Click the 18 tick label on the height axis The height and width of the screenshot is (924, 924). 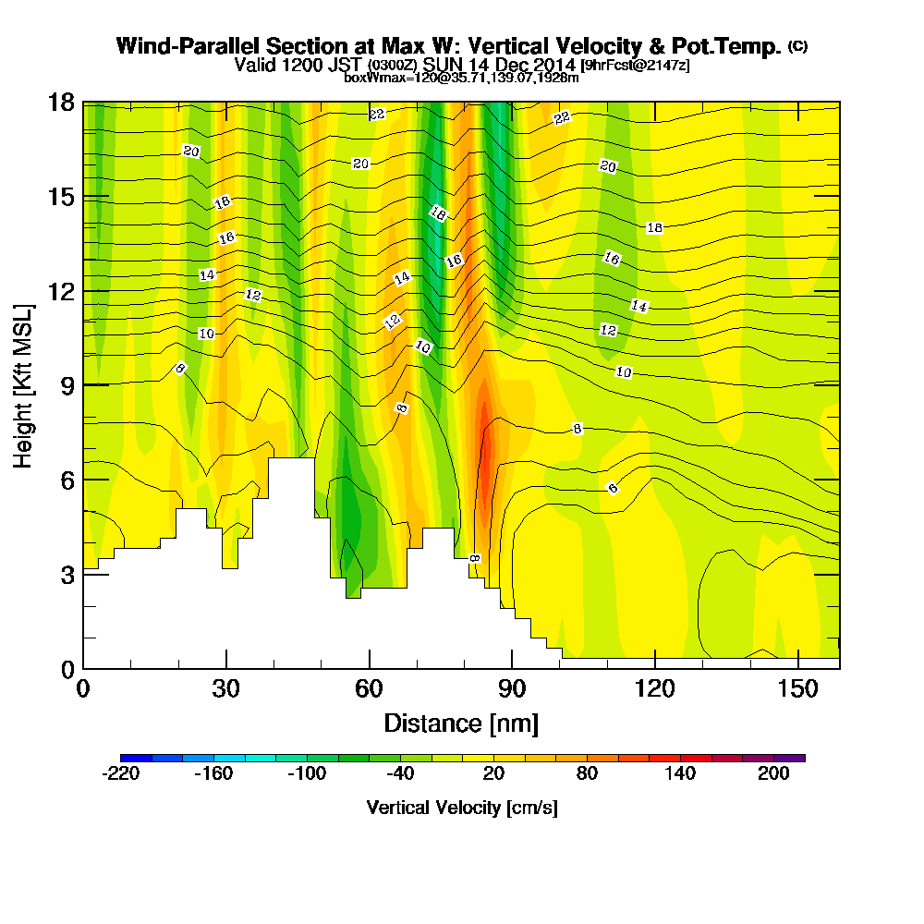click(61, 103)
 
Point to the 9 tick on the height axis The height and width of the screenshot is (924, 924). click(83, 384)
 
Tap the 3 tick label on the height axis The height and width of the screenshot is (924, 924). click(67, 574)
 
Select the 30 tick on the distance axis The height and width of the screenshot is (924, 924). click(226, 668)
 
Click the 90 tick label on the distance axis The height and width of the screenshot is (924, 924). click(512, 688)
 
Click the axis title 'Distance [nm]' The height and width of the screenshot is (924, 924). click(461, 722)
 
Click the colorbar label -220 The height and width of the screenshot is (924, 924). click(120, 774)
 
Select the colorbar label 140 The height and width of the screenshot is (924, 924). click(680, 774)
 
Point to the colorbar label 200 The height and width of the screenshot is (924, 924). click(774, 774)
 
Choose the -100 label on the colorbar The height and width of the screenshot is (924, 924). click(307, 774)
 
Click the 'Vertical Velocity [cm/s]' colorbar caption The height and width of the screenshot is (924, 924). click(461, 808)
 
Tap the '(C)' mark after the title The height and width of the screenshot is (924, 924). click(797, 45)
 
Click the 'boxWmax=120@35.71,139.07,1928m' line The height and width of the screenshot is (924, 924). click(461, 78)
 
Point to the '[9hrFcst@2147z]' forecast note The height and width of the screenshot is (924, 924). click(634, 66)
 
